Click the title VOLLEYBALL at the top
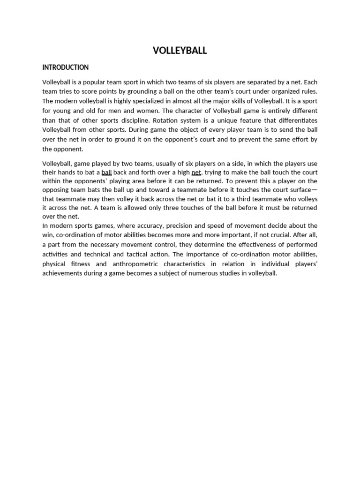coord(180,51)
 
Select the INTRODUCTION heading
coord(65,67)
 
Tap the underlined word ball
coord(106,172)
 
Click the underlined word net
coord(196,172)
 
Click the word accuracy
coord(143,225)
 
